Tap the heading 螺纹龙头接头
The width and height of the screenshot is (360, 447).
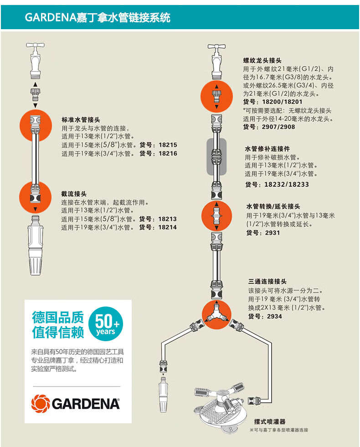[262, 60]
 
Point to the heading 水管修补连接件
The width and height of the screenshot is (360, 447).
[267, 149]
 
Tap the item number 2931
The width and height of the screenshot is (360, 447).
[273, 233]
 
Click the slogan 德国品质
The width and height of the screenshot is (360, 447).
[58, 317]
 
